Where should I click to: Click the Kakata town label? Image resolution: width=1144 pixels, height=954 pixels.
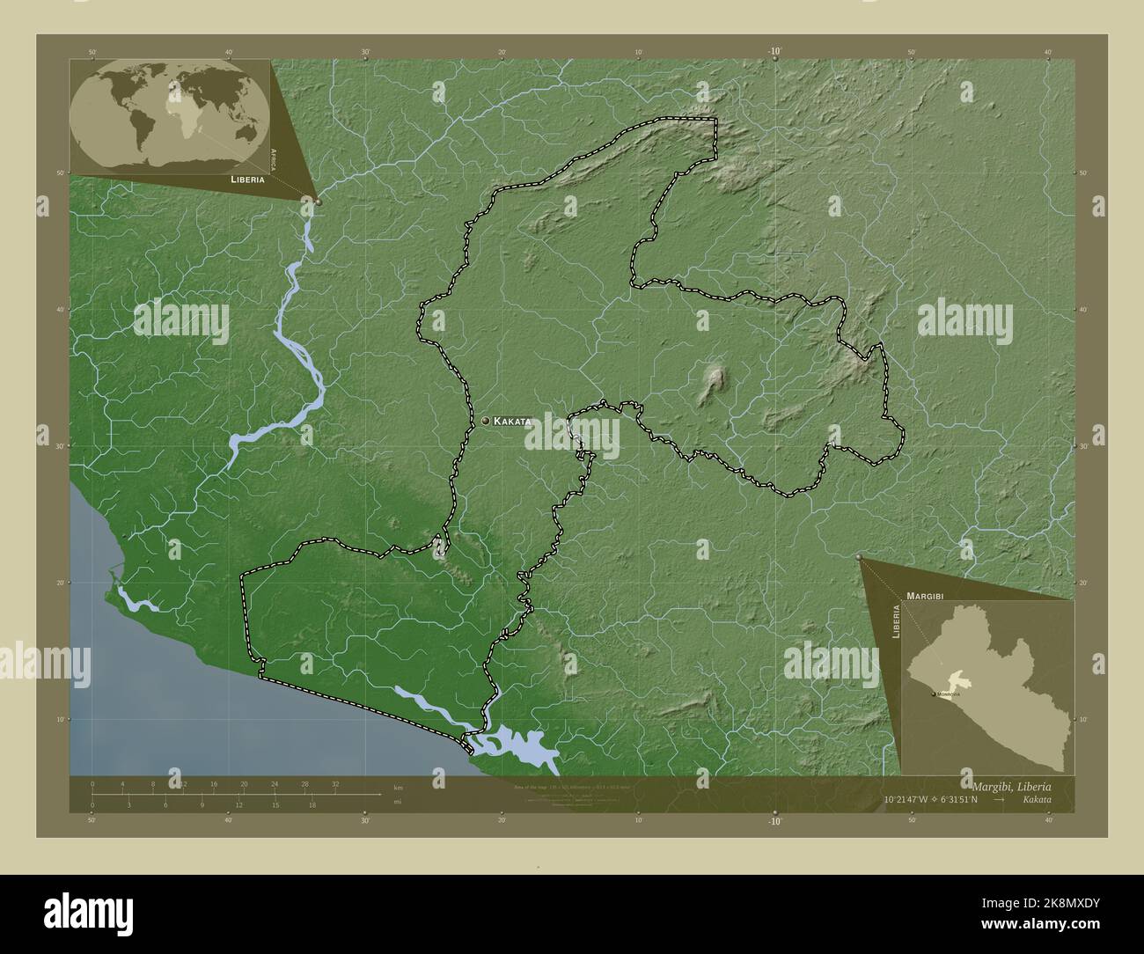(512, 422)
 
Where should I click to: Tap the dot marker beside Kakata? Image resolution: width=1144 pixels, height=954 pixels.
(485, 422)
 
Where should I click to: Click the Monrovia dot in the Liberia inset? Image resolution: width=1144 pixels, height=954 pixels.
(934, 694)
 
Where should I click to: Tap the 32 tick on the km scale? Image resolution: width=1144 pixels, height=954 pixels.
(335, 783)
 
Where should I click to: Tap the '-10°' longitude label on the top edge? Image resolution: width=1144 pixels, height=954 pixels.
(774, 52)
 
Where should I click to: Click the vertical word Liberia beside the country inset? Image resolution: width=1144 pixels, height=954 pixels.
(895, 621)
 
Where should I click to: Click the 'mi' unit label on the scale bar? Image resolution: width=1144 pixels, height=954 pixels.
(398, 802)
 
